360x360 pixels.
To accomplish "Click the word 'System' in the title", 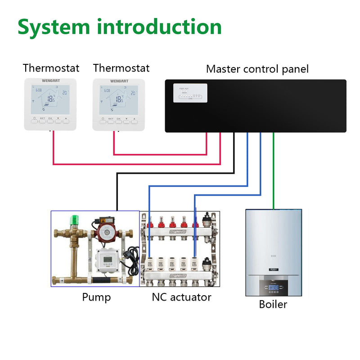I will (54, 27).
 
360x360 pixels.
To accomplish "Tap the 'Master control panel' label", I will (257, 69).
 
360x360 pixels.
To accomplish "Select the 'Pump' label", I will (96, 297).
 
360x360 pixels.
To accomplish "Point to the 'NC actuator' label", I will (181, 297).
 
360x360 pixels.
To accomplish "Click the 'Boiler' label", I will (273, 305).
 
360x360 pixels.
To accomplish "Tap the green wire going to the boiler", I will (274, 171).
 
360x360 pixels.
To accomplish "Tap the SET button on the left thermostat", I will (42, 120).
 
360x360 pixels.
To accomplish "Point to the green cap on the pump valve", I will (72, 222).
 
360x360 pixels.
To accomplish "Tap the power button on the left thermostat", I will (34, 120).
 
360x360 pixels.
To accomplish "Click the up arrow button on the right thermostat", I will (135, 121).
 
